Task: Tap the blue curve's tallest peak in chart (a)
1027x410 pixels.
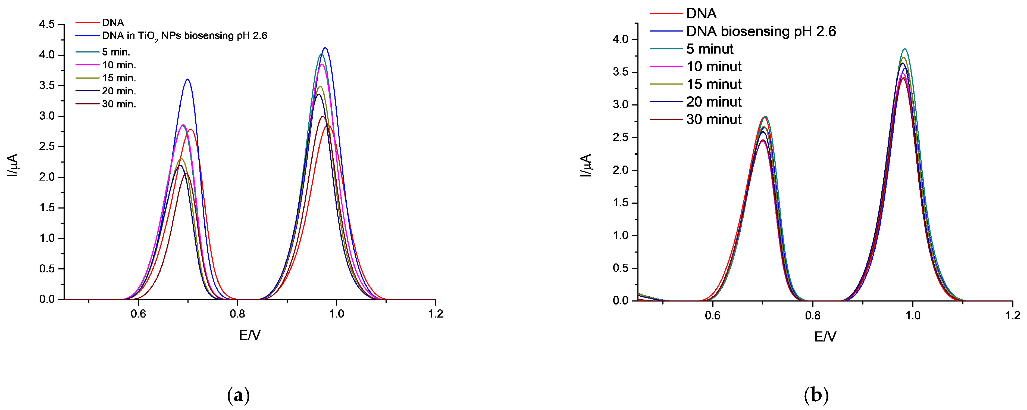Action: tap(325, 48)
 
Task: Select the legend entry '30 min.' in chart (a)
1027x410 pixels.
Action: tap(119, 104)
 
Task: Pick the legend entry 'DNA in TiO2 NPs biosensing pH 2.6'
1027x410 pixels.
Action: tap(184, 36)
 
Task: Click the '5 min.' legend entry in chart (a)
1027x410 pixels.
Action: tap(116, 52)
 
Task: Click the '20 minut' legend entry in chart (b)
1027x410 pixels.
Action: tap(714, 102)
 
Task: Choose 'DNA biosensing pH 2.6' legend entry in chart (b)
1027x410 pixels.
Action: tap(761, 32)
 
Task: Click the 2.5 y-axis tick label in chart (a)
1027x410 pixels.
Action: tap(47, 147)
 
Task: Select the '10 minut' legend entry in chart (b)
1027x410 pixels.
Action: tap(714, 67)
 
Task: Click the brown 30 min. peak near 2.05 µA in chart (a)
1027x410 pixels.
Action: tap(186, 173)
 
